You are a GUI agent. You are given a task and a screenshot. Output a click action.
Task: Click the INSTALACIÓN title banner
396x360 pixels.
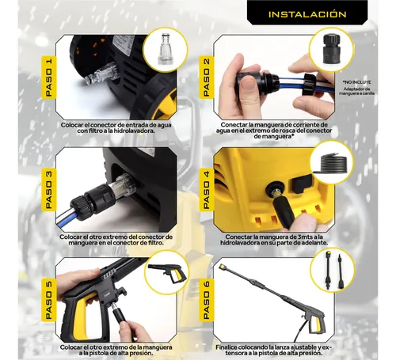pos(307,14)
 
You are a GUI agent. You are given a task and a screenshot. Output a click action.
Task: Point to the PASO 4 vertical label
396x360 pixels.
pos(206,186)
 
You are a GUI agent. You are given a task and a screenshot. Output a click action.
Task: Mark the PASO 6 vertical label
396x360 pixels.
pos(206,297)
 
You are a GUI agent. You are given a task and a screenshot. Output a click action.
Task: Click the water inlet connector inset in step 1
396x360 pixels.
pos(169,48)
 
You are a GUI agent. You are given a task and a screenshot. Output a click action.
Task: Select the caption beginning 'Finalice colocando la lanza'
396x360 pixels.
pos(279,349)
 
